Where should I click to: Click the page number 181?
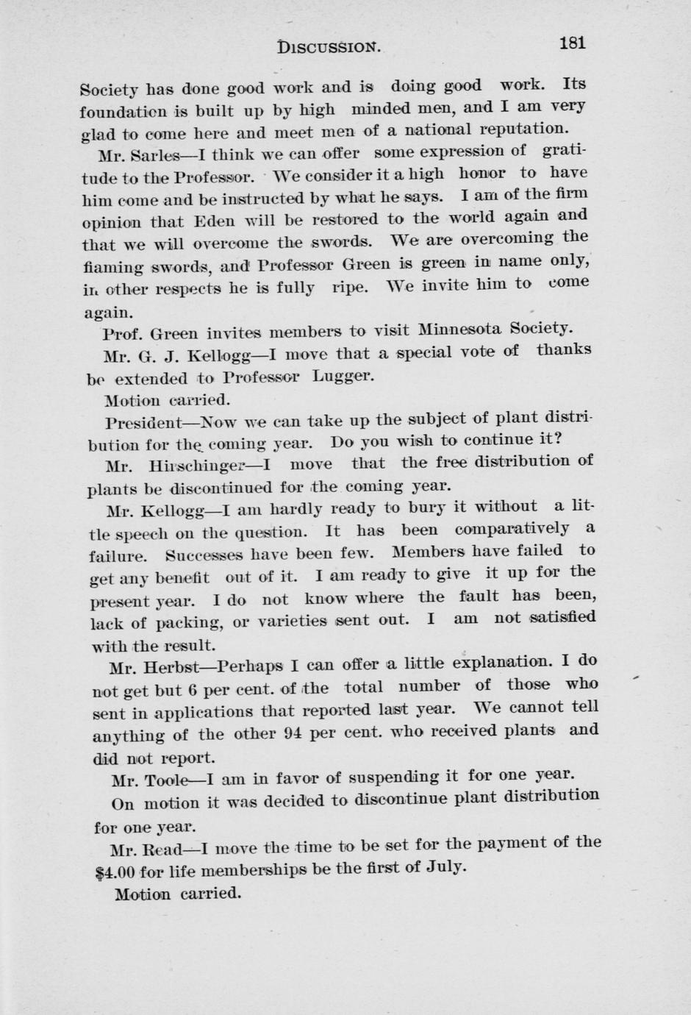(572, 43)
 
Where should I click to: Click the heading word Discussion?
(329, 47)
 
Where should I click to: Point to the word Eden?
(214, 220)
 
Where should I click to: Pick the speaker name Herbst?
(171, 668)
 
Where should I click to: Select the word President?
(143, 424)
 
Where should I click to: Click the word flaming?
(112, 268)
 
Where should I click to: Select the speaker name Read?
(165, 850)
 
